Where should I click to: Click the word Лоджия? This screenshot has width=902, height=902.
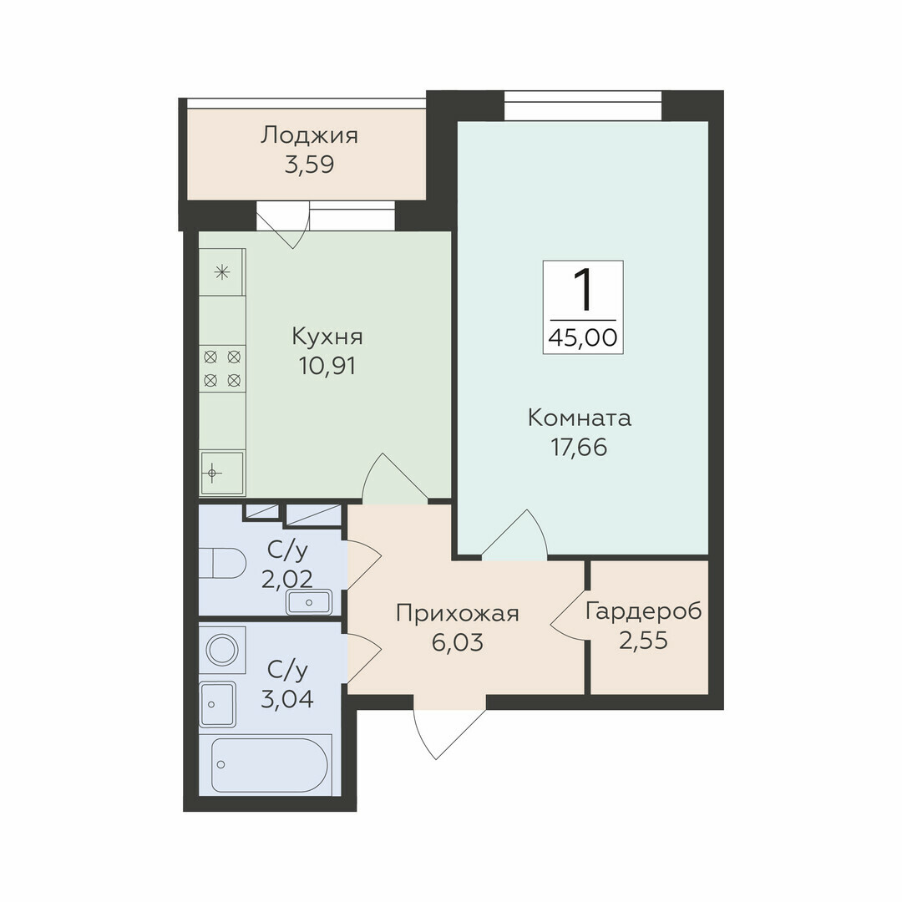310,137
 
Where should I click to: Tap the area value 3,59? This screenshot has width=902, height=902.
310,165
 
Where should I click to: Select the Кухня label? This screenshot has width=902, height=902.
327,337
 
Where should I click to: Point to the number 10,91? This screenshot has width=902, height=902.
327,366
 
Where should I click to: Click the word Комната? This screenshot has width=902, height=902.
580,418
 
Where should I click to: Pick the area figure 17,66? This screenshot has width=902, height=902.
580,448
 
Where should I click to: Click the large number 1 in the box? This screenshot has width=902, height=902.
583,291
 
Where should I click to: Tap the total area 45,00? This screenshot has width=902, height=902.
583,337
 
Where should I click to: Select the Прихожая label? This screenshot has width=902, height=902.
458,614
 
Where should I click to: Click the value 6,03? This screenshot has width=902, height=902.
458,642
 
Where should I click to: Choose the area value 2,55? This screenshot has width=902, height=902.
644,641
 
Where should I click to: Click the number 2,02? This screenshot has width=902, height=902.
287,580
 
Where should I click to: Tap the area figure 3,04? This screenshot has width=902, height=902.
287,700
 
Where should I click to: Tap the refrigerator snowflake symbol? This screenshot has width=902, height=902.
221,272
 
